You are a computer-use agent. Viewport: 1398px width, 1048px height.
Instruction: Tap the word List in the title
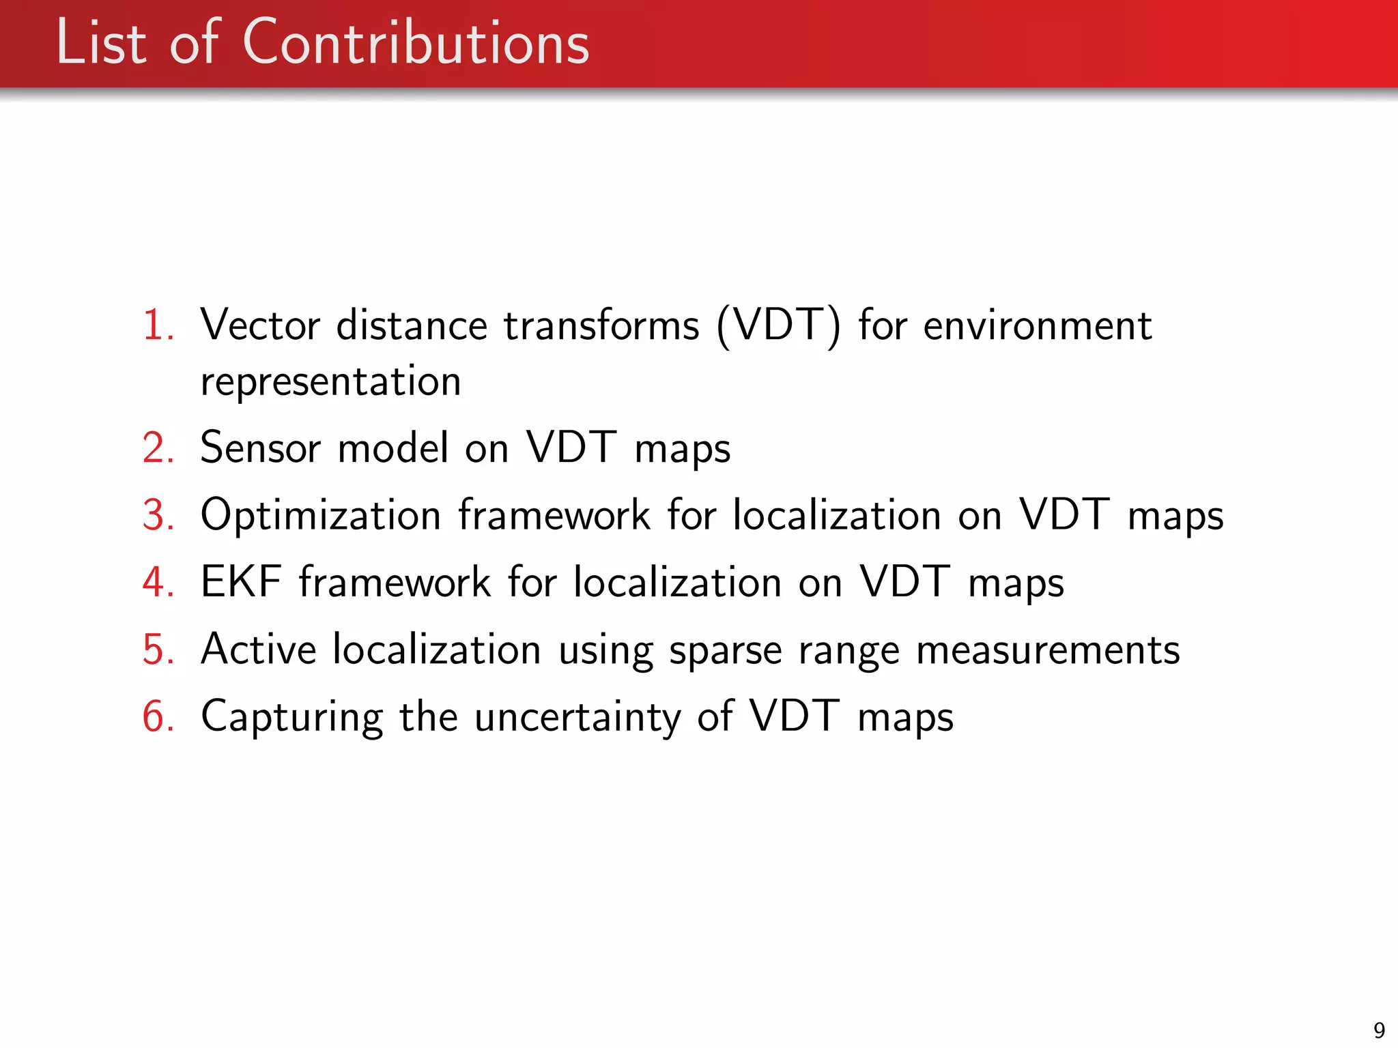click(x=101, y=44)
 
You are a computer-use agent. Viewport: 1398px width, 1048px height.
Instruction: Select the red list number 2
click(x=158, y=448)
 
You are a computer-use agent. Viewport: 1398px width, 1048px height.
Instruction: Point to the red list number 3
click(x=158, y=515)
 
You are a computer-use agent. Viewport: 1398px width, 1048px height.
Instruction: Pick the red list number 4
click(x=158, y=583)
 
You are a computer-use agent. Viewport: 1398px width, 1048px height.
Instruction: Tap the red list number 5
click(x=158, y=650)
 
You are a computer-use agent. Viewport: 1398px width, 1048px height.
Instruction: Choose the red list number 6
click(x=158, y=717)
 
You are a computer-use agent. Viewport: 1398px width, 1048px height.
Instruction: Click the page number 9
click(x=1379, y=1030)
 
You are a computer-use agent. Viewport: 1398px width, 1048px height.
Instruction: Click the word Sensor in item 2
click(x=259, y=448)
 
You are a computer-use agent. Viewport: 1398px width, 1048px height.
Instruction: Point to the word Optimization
click(x=320, y=515)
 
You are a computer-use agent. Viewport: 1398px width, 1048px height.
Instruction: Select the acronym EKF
click(x=240, y=583)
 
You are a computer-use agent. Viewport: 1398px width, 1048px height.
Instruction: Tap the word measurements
click(x=1047, y=650)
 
